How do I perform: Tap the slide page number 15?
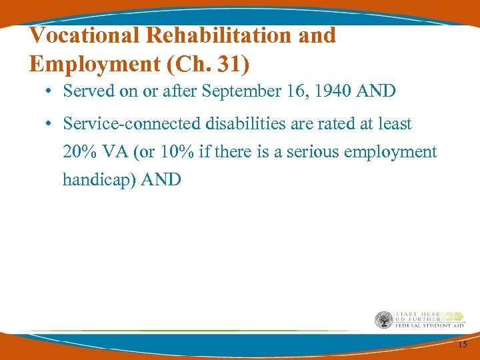(462, 345)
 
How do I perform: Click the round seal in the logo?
(383, 320)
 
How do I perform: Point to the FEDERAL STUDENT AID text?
(429, 325)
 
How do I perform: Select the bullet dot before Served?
(50, 92)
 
